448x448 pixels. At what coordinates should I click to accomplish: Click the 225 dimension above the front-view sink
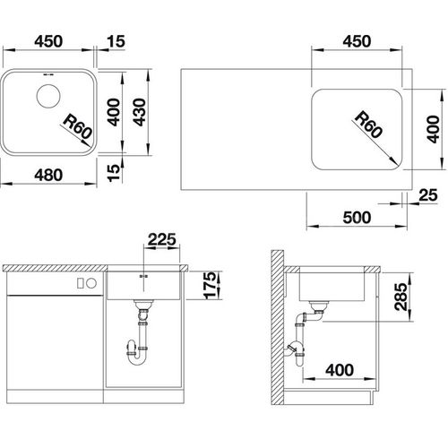162,238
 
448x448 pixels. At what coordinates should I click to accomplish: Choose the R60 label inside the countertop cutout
366,124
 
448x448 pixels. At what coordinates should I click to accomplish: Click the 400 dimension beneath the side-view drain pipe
339,368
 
